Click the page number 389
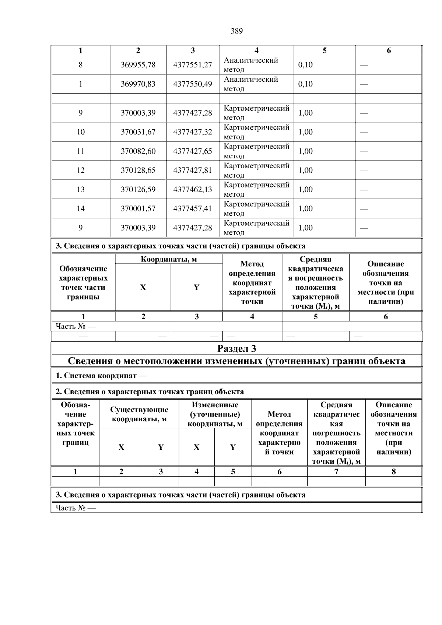tap(236, 31)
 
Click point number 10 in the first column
tap(81, 132)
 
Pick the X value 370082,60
tap(138, 151)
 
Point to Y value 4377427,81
tap(193, 170)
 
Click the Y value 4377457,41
tap(193, 208)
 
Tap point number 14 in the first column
tap(81, 208)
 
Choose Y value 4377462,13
tap(193, 189)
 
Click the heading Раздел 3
tap(236, 348)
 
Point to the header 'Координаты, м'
tap(169, 259)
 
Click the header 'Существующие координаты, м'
tap(139, 414)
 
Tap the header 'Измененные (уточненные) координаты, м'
tap(215, 414)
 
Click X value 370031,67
tap(138, 132)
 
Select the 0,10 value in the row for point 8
tap(305, 65)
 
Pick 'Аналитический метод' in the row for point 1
tap(251, 84)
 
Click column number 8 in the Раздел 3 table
tap(393, 471)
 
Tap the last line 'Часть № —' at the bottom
tap(76, 508)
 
